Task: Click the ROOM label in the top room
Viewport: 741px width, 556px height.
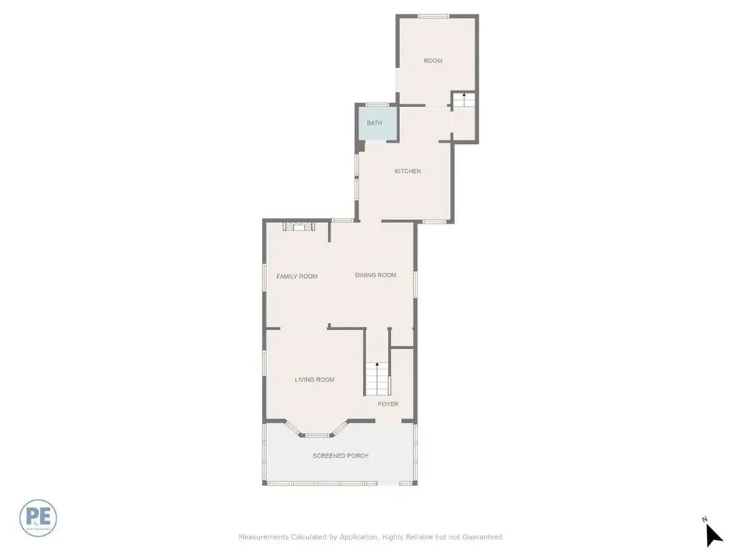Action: tap(433, 61)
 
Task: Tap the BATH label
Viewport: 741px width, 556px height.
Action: tap(374, 123)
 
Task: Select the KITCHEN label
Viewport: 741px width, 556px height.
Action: tap(407, 172)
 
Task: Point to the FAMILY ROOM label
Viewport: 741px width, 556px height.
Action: tap(297, 277)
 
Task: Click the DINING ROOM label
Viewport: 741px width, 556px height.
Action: tap(376, 275)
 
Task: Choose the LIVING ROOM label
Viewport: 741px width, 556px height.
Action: tap(315, 379)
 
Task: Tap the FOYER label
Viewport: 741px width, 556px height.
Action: tap(388, 404)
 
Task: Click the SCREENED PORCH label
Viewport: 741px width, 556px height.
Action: tap(340, 456)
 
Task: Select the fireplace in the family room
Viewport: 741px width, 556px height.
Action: tap(299, 227)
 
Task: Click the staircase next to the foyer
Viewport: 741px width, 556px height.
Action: tap(377, 378)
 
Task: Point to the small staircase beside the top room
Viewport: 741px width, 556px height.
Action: tap(463, 101)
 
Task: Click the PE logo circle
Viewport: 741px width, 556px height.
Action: tap(38, 518)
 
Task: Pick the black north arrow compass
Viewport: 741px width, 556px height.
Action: tap(713, 534)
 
